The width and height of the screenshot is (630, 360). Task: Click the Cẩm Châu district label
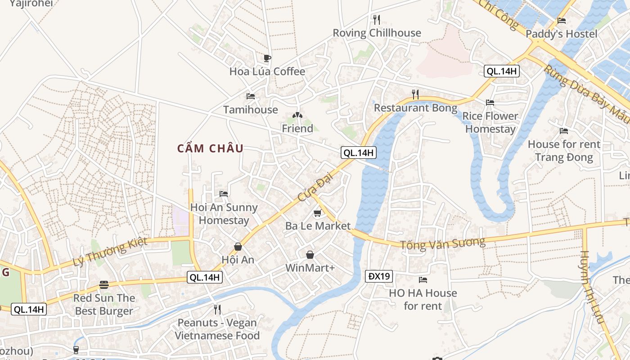[x=210, y=148]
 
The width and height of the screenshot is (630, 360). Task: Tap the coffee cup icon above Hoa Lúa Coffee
[x=267, y=58]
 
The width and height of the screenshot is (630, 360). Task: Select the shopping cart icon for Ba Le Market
[x=318, y=213]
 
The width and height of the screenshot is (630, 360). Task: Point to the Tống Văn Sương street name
[x=443, y=243]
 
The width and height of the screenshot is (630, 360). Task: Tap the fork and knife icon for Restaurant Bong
[x=415, y=94]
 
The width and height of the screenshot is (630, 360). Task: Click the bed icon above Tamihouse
[x=251, y=96]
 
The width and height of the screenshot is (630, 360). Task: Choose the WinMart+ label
[x=310, y=268]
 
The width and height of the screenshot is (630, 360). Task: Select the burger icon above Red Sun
[x=104, y=284]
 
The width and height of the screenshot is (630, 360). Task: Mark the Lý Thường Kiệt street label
[x=110, y=252]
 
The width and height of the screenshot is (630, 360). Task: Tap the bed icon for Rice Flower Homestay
[x=490, y=103]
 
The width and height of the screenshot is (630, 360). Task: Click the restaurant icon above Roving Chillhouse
[x=377, y=19]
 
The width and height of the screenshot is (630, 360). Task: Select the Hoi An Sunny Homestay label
[x=224, y=214]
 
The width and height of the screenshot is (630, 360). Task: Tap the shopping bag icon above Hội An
[x=238, y=247]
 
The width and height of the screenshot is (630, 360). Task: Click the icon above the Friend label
[x=297, y=116]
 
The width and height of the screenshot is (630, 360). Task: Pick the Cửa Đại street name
[x=311, y=189]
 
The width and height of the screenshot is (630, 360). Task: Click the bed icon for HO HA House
[x=423, y=280]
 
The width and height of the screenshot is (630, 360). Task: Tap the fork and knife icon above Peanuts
[x=217, y=309]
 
